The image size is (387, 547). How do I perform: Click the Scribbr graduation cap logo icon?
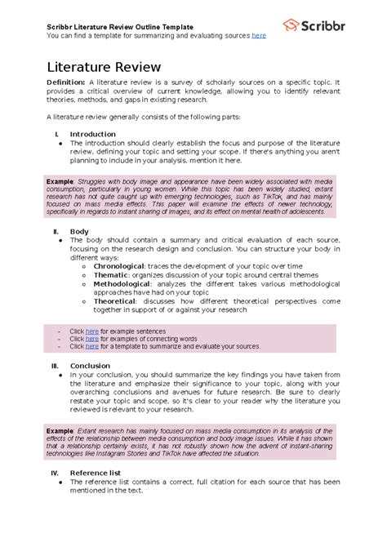click(x=291, y=24)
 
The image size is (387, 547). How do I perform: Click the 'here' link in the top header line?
click(x=259, y=36)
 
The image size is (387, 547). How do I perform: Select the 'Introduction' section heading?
click(x=92, y=134)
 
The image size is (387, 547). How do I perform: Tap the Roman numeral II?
click(x=55, y=232)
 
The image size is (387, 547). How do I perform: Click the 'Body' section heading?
click(x=79, y=232)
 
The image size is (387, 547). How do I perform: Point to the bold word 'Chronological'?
click(x=119, y=266)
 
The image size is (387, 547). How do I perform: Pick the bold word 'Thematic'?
click(x=111, y=275)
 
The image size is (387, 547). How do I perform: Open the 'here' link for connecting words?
click(x=92, y=338)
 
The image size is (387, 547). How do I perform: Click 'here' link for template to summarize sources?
click(x=92, y=346)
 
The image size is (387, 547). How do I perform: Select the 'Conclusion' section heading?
click(x=90, y=366)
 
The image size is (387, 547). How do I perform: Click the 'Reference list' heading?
click(x=96, y=473)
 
